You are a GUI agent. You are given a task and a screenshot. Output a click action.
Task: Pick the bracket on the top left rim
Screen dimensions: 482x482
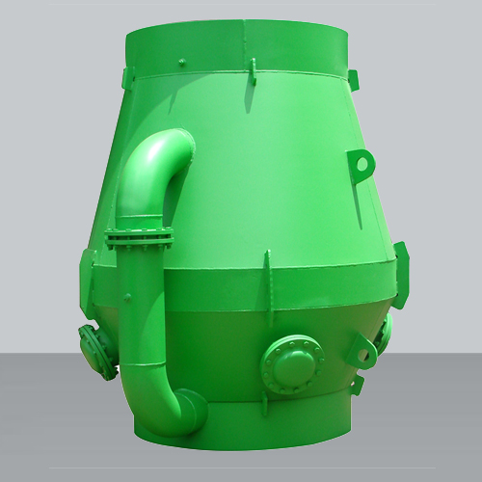[128, 77]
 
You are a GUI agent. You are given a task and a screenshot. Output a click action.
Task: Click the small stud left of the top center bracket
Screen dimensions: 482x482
[181, 65]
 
